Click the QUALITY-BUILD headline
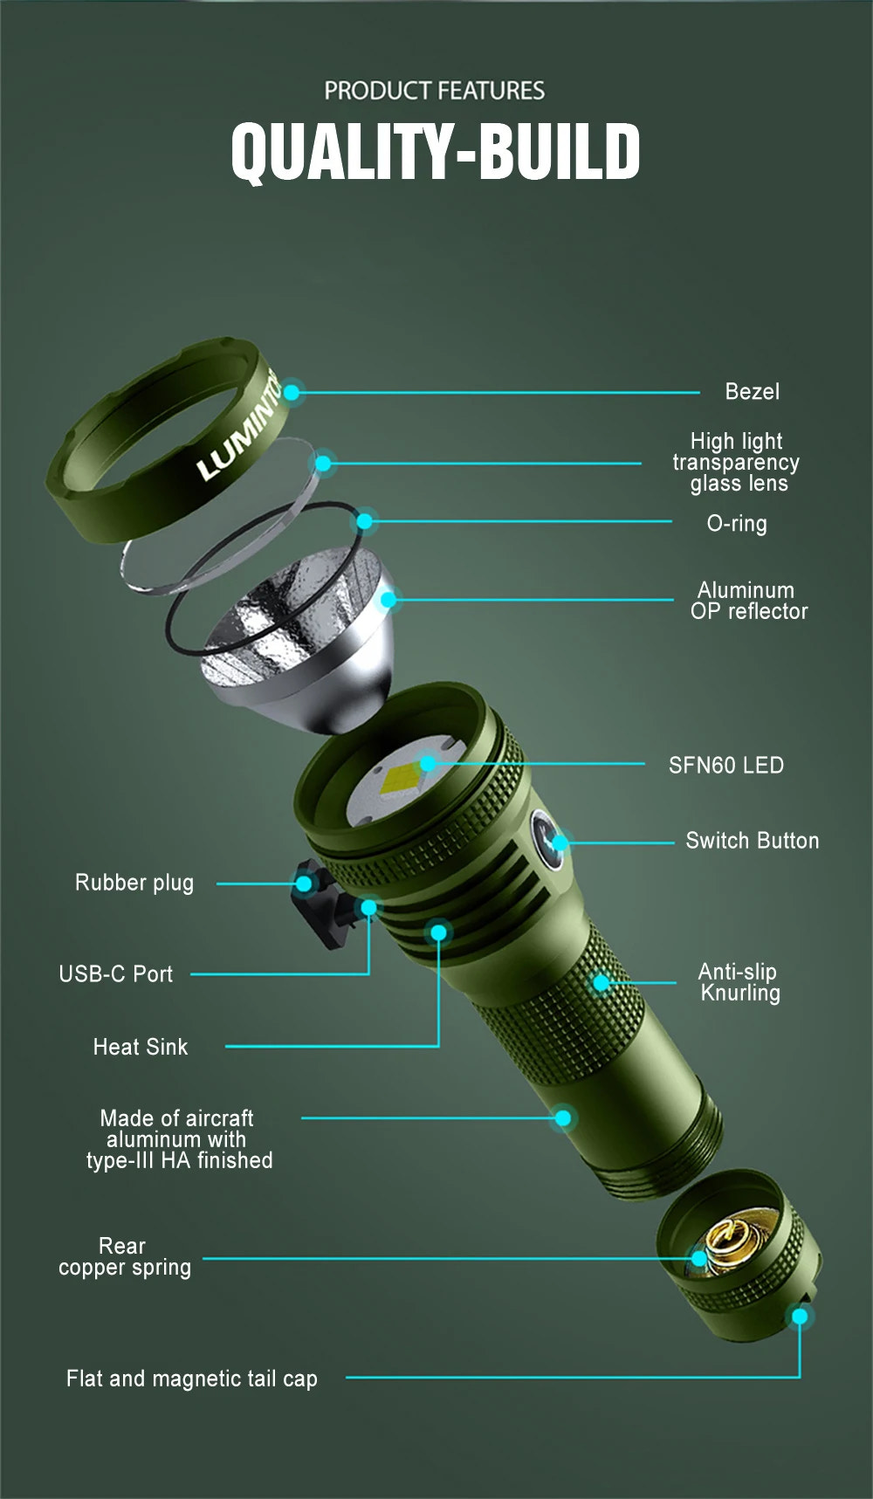[435, 152]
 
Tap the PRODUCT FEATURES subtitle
[434, 91]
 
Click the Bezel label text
[752, 391]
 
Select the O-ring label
[736, 523]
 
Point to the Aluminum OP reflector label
[748, 601]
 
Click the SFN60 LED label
[725, 766]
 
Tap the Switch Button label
[752, 841]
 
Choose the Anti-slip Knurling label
[739, 982]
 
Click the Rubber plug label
[134, 883]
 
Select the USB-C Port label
[115, 974]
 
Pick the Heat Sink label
[140, 1047]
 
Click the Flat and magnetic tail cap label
[191, 1379]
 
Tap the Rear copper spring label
[124, 1256]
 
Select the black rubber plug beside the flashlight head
[320, 904]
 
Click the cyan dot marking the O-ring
[365, 521]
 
